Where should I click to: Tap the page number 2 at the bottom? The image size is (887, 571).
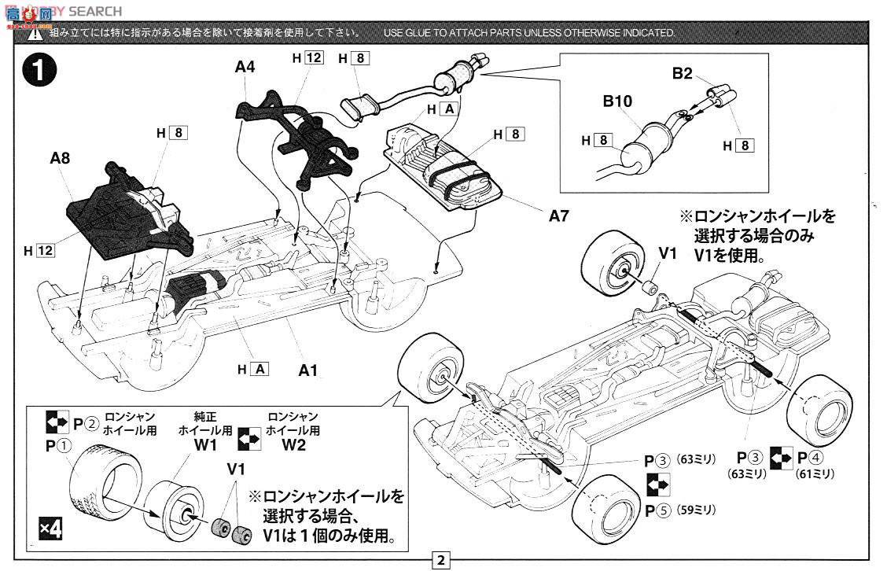pyautogui.click(x=441, y=561)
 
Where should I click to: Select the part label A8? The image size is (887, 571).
pyautogui.click(x=60, y=158)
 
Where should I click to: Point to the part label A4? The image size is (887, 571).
pyautogui.click(x=245, y=68)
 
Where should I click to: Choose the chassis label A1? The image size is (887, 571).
pyautogui.click(x=307, y=369)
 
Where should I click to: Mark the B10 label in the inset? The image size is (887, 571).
pyautogui.click(x=618, y=101)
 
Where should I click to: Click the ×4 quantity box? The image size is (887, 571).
pyautogui.click(x=51, y=529)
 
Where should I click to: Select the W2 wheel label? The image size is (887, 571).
pyautogui.click(x=293, y=445)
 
